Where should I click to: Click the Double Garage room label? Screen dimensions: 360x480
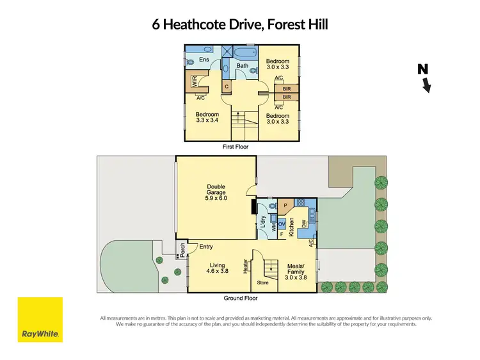[216, 193]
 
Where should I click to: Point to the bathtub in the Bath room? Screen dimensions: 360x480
[243, 54]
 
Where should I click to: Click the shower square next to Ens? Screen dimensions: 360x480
[226, 53]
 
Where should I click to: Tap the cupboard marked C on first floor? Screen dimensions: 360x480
[227, 85]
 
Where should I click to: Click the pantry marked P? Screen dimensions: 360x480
[285, 206]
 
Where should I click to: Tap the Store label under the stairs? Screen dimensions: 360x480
[262, 282]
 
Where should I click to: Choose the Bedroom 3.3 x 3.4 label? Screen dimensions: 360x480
[207, 117]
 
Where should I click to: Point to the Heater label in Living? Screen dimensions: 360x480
[245, 266]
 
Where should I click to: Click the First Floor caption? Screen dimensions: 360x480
[235, 147]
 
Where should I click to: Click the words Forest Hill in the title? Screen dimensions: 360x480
[296, 25]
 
